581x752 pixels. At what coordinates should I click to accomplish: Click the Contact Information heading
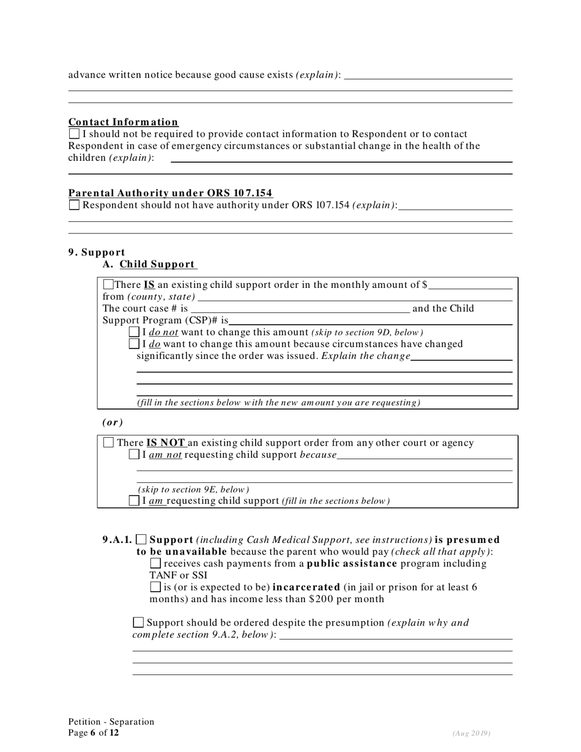(123, 122)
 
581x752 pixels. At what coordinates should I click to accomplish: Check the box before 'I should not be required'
(74, 133)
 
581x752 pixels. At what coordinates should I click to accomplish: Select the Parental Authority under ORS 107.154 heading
(170, 193)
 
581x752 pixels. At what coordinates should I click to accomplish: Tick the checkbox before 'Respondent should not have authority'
(74, 205)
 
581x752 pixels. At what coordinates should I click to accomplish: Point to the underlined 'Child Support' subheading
(157, 264)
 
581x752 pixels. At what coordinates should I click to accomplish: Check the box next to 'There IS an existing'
(108, 284)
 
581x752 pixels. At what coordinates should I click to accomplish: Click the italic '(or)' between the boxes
(113, 422)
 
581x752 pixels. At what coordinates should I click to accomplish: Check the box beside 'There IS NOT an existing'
(109, 443)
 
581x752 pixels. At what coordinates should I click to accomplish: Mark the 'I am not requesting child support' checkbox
(135, 454)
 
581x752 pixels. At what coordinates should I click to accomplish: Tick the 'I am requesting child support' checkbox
(135, 501)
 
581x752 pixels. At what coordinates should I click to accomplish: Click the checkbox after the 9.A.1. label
(141, 539)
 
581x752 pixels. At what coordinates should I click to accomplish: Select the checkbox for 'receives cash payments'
(155, 563)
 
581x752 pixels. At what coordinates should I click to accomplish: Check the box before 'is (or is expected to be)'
(155, 587)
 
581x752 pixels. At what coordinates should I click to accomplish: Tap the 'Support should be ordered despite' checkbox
(138, 622)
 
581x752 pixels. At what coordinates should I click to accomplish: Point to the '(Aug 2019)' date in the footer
(472, 733)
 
